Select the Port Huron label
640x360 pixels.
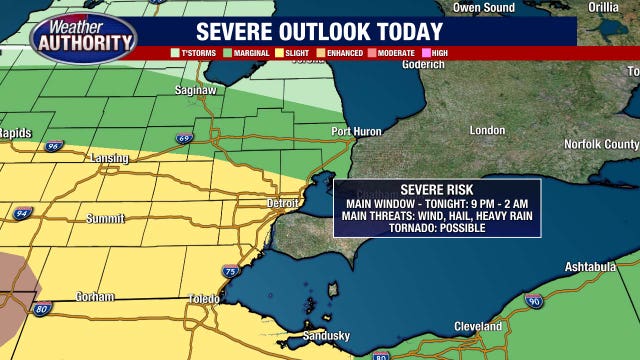pyautogui.click(x=356, y=131)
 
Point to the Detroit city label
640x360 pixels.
pyautogui.click(x=283, y=203)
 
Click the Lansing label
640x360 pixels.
pyautogui.click(x=110, y=158)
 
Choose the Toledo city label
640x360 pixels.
pyautogui.click(x=206, y=299)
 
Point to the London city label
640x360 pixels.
pyautogui.click(x=487, y=131)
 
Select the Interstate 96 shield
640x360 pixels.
pyautogui.click(x=53, y=145)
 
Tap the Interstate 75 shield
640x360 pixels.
pyautogui.click(x=231, y=271)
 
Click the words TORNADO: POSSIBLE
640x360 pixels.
pyautogui.click(x=437, y=228)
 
